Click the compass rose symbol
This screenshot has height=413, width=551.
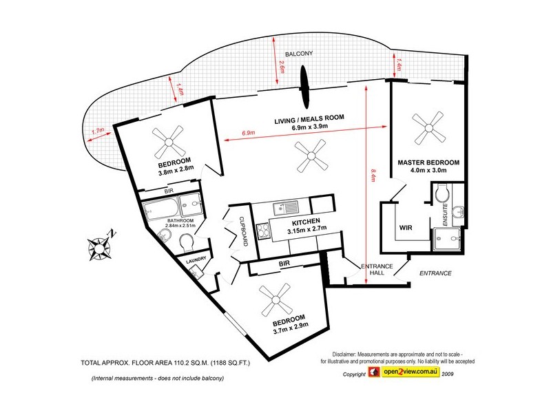click(x=100, y=248)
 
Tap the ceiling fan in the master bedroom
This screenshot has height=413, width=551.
click(x=428, y=127)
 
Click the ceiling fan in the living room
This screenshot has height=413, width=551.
click(x=311, y=156)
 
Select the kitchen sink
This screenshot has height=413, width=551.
click(x=286, y=208)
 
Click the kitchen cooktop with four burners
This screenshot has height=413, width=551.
click(x=263, y=231)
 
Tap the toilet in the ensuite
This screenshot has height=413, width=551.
click(x=441, y=193)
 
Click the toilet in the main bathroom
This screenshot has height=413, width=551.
click(x=187, y=243)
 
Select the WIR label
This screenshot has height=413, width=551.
click(x=406, y=228)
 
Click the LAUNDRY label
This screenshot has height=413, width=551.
click(x=196, y=260)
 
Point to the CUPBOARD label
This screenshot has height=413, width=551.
click(x=244, y=231)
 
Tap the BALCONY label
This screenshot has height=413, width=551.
click(x=299, y=54)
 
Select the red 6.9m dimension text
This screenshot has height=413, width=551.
click(x=248, y=133)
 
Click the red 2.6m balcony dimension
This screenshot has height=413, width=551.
click(x=281, y=67)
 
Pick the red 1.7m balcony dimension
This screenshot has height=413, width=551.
click(x=98, y=131)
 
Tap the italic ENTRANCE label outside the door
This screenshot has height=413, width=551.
click(x=435, y=273)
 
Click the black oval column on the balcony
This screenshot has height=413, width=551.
click(x=304, y=87)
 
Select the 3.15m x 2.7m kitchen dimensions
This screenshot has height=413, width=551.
click(x=306, y=229)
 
